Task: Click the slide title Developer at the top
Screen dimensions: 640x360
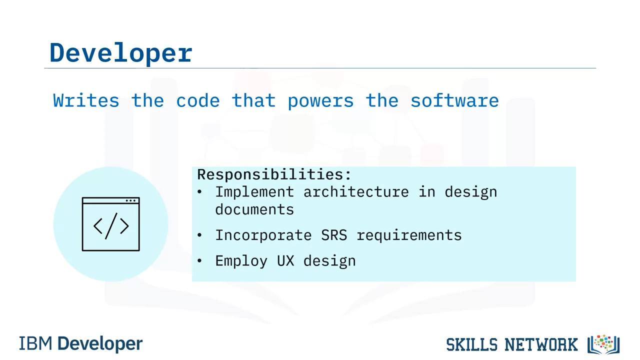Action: pos(121,53)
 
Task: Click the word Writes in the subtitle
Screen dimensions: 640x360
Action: pos(86,100)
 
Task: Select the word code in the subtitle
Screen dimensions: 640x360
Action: pos(197,100)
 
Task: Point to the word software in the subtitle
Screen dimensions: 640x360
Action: pos(455,100)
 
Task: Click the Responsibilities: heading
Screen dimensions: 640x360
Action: pos(274,174)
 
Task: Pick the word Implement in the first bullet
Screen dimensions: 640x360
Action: pos(254,192)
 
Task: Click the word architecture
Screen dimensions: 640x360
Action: pos(356,192)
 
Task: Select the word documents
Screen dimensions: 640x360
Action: pos(254,209)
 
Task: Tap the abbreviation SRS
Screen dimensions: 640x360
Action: pos(334,235)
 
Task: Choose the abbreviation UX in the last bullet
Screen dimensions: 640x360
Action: pos(285,261)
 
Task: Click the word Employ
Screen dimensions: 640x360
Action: pos(241,261)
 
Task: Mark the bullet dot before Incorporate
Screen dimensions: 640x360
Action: pos(199,235)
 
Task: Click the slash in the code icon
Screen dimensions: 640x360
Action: pos(111,226)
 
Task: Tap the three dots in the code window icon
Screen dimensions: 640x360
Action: pos(130,200)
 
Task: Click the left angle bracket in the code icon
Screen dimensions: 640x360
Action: pos(97,226)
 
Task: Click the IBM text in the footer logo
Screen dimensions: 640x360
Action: pos(35,343)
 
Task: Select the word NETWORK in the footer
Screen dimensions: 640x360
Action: pos(541,344)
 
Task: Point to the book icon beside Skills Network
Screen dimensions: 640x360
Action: pos(603,344)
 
